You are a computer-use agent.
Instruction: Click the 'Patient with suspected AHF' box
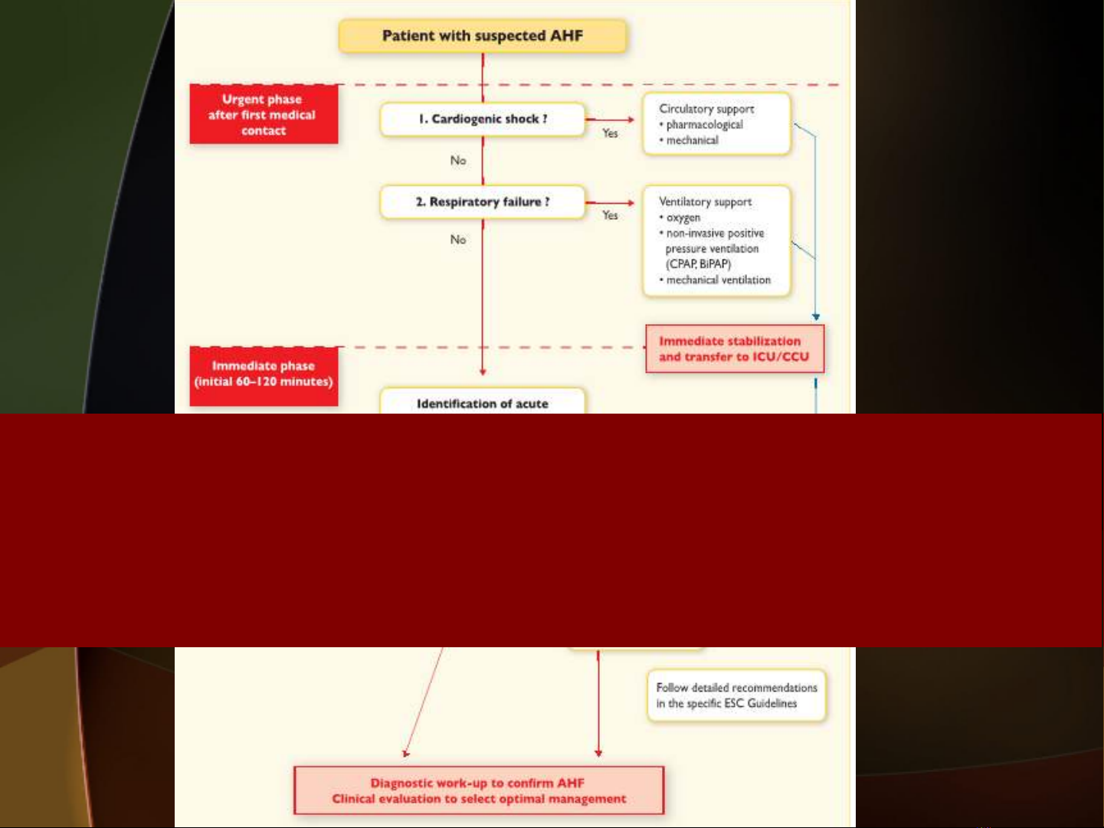click(483, 36)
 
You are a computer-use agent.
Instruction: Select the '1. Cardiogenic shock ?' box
click(483, 119)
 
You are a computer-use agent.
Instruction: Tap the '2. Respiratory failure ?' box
click(483, 202)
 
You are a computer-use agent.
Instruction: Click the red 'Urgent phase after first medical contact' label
click(264, 114)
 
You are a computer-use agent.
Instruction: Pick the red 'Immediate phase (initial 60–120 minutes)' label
click(264, 375)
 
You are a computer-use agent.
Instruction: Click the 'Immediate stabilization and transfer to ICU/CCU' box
click(735, 349)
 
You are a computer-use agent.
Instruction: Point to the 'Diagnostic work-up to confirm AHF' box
click(479, 790)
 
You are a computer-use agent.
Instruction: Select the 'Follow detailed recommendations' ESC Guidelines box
click(736, 695)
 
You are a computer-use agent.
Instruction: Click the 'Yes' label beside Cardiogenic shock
click(610, 133)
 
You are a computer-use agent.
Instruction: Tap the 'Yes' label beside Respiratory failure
click(610, 215)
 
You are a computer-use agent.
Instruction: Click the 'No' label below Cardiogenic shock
click(458, 160)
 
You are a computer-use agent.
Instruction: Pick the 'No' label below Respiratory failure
click(458, 239)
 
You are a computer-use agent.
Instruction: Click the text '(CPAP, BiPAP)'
click(698, 264)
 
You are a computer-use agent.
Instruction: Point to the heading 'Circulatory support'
click(706, 109)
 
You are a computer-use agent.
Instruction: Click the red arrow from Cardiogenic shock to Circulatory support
click(610, 119)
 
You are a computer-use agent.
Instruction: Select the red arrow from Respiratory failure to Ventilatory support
click(610, 203)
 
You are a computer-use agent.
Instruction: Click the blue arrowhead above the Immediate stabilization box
click(816, 316)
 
